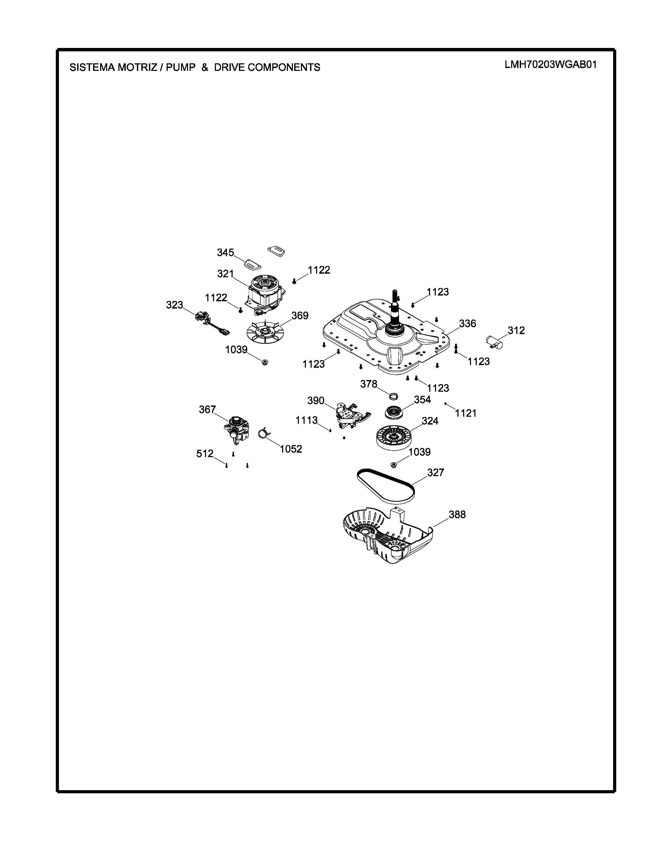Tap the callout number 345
pyautogui.click(x=225, y=253)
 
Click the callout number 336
pyautogui.click(x=468, y=323)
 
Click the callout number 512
pyautogui.click(x=205, y=454)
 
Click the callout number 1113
pyautogui.click(x=306, y=421)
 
